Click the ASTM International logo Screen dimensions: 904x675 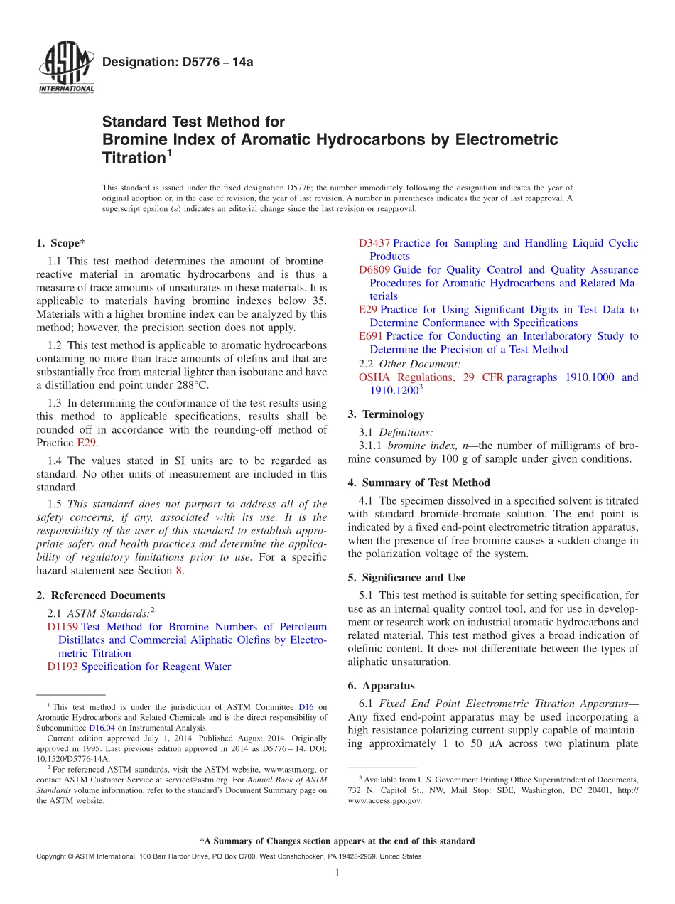click(x=66, y=68)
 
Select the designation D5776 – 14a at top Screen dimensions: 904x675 click(x=178, y=63)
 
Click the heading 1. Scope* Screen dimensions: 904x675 click(x=61, y=243)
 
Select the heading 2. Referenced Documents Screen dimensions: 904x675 click(x=101, y=596)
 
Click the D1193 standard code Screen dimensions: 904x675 click(x=63, y=667)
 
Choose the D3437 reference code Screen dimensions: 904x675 click(x=374, y=243)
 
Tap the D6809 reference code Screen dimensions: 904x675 click(x=374, y=270)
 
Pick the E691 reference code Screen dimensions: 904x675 click(x=371, y=336)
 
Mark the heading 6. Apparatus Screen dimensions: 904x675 click(x=381, y=686)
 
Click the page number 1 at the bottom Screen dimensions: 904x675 click(x=337, y=873)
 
